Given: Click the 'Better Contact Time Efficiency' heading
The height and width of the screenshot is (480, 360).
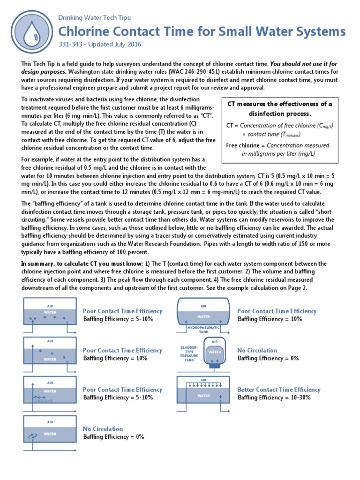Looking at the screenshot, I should [278, 390].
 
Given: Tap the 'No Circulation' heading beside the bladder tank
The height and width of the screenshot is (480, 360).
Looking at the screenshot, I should [257, 350].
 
